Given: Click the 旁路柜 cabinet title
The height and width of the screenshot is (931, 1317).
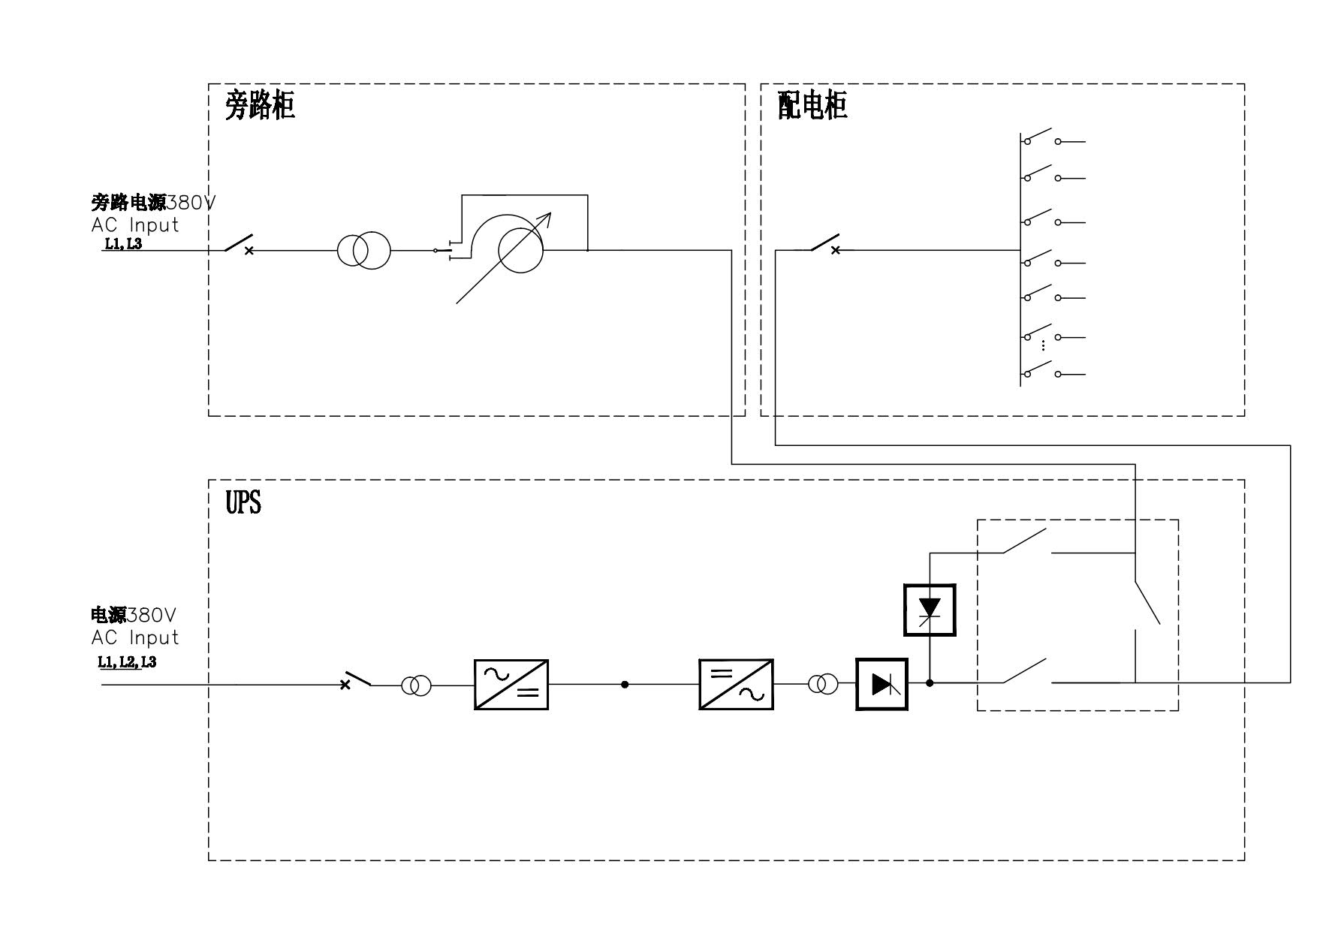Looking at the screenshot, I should pos(260,106).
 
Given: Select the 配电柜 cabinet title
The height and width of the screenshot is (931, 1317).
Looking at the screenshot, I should pos(812,106).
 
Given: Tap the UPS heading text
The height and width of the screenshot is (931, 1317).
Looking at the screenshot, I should pos(243,502).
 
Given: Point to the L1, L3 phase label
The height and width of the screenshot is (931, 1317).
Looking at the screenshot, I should pos(122,244).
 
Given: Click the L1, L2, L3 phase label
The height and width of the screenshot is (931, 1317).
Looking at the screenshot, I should pos(127,661).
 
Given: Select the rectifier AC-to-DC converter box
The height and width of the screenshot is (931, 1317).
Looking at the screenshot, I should pos(511,684).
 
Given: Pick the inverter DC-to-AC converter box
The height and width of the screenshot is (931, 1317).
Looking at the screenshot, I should pos(736,684).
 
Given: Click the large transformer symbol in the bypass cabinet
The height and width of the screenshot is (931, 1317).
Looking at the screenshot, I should pos(363,250).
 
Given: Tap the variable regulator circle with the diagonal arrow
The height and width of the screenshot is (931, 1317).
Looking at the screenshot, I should pos(520,251).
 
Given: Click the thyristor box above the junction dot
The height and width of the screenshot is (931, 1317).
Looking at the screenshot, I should pos(930,610).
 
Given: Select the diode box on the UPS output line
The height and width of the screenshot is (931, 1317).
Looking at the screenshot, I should pos(882,684).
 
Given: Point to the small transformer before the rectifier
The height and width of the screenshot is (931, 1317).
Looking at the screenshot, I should pos(416,685).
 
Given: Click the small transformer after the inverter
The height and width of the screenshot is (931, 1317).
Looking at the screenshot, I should pos(823,684).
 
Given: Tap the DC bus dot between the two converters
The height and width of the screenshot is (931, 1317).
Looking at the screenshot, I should pos(625,685).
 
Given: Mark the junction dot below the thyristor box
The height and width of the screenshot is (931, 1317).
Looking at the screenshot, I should pos(930,683).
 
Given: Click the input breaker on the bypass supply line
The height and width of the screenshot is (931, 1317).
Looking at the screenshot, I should pos(240,245).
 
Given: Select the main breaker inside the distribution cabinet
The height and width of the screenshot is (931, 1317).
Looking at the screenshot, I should pos(825,245).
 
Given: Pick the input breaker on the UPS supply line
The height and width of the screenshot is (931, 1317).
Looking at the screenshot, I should pos(357,679).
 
